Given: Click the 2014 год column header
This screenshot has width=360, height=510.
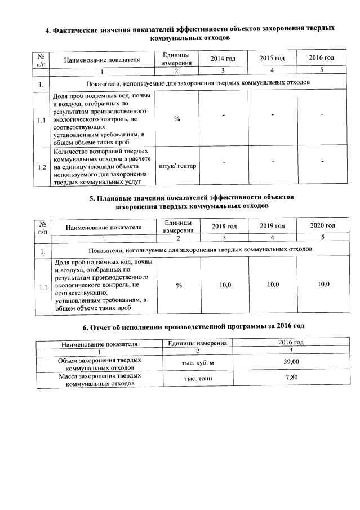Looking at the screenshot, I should click(x=223, y=59).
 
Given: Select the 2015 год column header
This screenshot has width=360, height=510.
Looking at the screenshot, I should click(x=272, y=59).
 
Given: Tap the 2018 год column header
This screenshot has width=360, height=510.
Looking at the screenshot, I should click(x=224, y=226).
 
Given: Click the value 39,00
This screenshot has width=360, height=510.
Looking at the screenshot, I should click(x=291, y=361).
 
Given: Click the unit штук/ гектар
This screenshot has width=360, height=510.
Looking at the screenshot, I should click(x=177, y=166).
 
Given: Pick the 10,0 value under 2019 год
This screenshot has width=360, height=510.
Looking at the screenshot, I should click(x=273, y=285).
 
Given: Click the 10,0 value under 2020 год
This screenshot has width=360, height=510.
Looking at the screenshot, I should click(x=323, y=284).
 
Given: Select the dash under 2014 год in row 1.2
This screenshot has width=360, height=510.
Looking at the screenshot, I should click(x=223, y=163).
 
